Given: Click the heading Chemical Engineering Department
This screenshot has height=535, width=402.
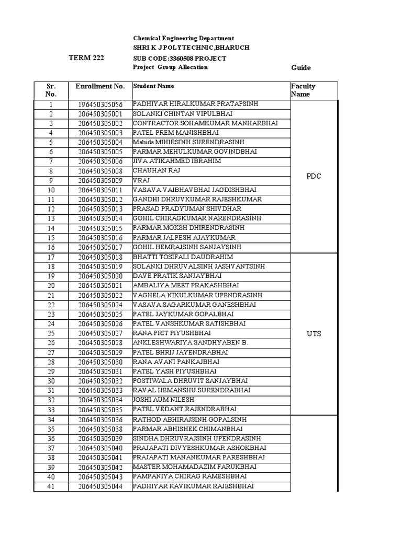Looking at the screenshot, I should pyautogui.click(x=183, y=39).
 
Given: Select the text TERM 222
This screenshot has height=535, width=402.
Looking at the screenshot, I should pyautogui.click(x=86, y=58).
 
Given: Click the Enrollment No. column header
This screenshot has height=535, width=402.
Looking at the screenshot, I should pyautogui.click(x=100, y=86).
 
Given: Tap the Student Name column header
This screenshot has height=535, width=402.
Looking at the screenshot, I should pyautogui.click(x=154, y=86).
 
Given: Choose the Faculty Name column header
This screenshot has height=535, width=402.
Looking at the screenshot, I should pyautogui.click(x=303, y=90).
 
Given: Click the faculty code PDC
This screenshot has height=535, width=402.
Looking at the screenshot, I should pyautogui.click(x=314, y=176).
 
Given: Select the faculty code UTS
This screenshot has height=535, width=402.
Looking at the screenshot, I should pyautogui.click(x=314, y=334).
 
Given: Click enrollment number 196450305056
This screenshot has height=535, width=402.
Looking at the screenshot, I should pyautogui.click(x=100, y=104).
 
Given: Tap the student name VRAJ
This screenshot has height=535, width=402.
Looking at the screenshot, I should pyautogui.click(x=141, y=180).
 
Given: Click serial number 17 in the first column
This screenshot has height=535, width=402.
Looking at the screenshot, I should pyautogui.click(x=51, y=258).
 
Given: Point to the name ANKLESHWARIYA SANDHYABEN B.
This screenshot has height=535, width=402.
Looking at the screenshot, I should pyautogui.click(x=190, y=343).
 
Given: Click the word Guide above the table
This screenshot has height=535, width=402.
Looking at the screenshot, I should pyautogui.click(x=300, y=68).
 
